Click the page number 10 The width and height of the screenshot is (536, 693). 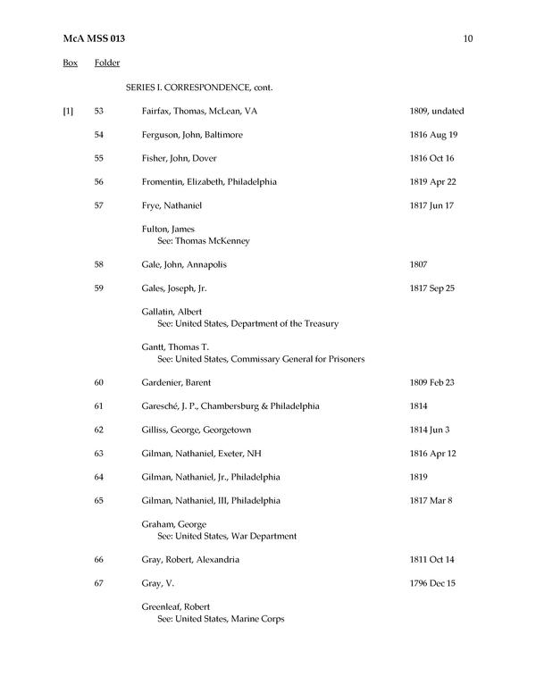(468, 39)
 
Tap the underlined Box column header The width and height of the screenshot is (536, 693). (70, 63)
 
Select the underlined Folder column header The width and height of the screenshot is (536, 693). (107, 63)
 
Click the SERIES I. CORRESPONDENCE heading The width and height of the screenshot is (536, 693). (199, 88)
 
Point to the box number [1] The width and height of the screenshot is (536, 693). (68, 112)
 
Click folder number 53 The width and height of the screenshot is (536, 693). (99, 112)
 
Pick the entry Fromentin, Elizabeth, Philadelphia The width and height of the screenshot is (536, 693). (209, 181)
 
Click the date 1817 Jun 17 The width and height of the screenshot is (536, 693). (429, 205)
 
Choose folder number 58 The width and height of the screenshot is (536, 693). (99, 264)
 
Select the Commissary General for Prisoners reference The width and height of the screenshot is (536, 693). (261, 359)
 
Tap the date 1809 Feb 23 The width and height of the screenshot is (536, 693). (430, 382)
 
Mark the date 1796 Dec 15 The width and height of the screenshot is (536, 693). (430, 583)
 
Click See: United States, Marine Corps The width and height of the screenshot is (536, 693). (221, 618)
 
